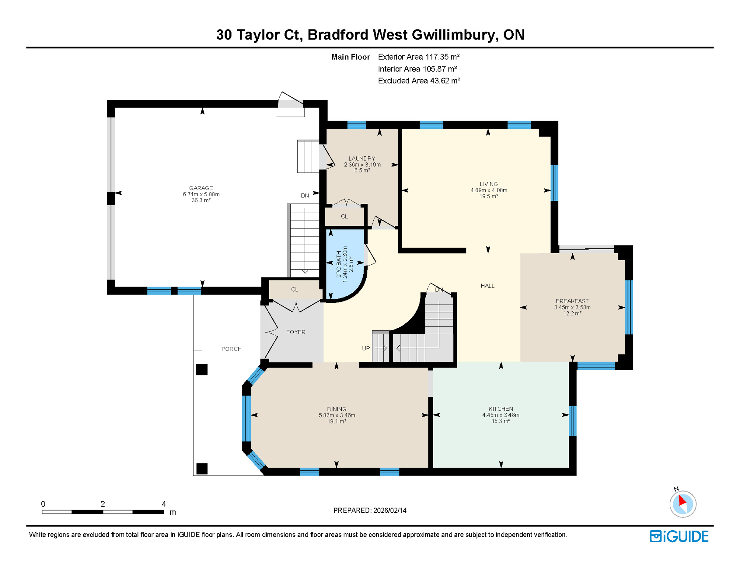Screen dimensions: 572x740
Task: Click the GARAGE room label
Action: pyautogui.click(x=201, y=188)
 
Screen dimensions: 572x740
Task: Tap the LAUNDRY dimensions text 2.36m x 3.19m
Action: pyautogui.click(x=362, y=165)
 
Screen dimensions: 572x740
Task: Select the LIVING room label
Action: pyautogui.click(x=488, y=184)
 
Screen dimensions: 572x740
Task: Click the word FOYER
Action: pyautogui.click(x=296, y=332)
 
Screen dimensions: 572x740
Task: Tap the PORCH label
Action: pyautogui.click(x=231, y=349)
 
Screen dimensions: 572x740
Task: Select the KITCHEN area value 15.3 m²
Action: pyautogui.click(x=501, y=421)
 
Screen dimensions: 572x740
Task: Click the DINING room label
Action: pyautogui.click(x=336, y=409)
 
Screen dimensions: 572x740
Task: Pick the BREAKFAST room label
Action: pyautogui.click(x=572, y=301)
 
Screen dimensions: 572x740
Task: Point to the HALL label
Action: pyautogui.click(x=487, y=286)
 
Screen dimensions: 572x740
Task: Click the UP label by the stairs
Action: pyautogui.click(x=366, y=348)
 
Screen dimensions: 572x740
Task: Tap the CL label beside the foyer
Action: pyautogui.click(x=294, y=289)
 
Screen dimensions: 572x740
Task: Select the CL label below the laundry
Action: pyautogui.click(x=344, y=216)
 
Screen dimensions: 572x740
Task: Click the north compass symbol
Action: pyautogui.click(x=683, y=504)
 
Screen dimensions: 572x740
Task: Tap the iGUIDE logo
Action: pyautogui.click(x=679, y=536)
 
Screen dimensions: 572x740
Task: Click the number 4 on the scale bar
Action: pyautogui.click(x=164, y=504)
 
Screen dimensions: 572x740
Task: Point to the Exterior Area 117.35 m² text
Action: pyautogui.click(x=418, y=57)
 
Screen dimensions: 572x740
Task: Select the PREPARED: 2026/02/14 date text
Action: pyautogui.click(x=370, y=510)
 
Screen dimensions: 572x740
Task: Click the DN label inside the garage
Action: pyautogui.click(x=304, y=196)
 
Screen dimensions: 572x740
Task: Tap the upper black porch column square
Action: pyautogui.click(x=202, y=369)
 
